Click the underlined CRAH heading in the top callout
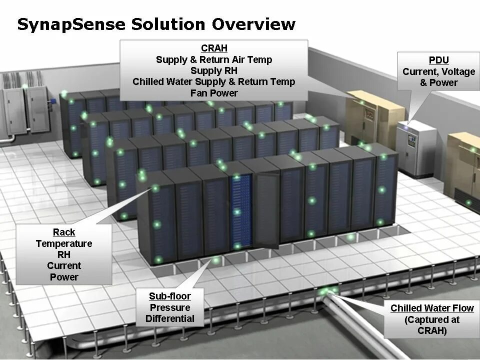click(x=214, y=48)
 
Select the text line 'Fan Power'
click(x=214, y=93)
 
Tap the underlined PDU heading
click(x=438, y=60)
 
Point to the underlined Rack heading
click(x=64, y=232)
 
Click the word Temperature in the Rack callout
click(x=64, y=243)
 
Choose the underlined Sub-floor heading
click(x=169, y=296)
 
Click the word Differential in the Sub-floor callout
click(x=170, y=318)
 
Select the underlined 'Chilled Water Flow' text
click(x=432, y=308)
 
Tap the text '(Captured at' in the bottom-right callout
click(x=432, y=319)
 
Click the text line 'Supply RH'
click(x=214, y=71)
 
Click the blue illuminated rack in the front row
click(x=241, y=210)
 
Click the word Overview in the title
click(x=253, y=24)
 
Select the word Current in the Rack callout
click(x=64, y=265)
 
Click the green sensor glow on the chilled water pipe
click(x=327, y=291)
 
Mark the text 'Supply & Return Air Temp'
click(x=214, y=60)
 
